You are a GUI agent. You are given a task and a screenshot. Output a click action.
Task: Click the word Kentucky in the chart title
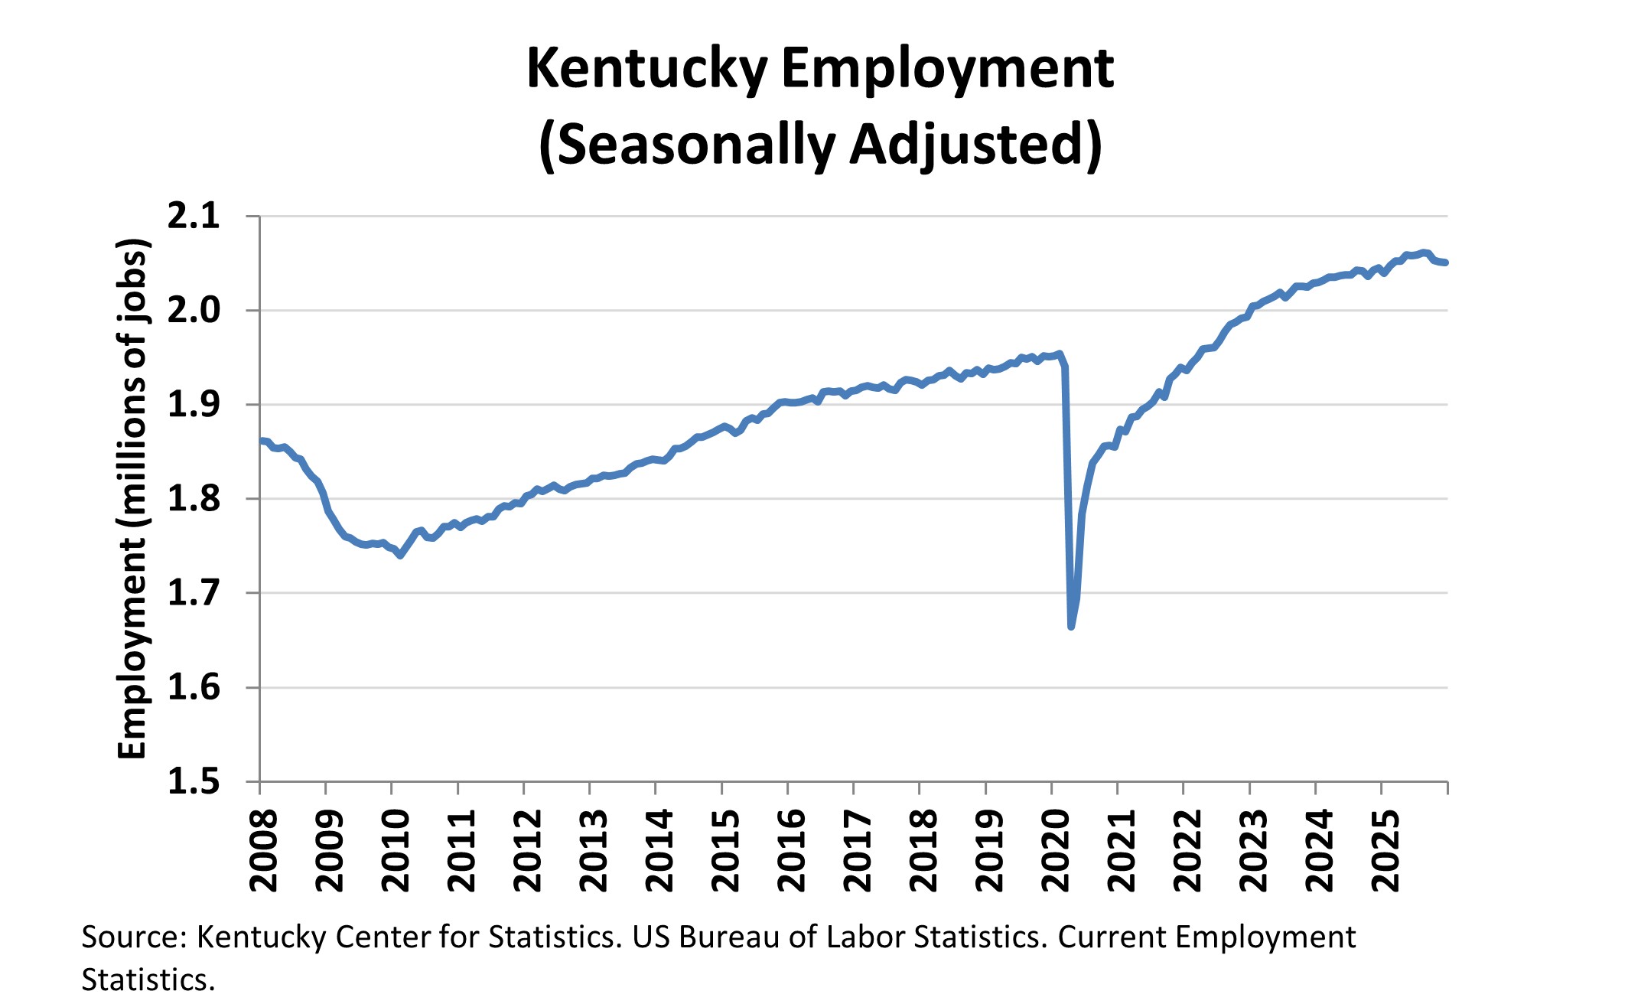click(646, 69)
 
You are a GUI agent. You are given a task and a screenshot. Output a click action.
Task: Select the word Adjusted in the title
click(976, 144)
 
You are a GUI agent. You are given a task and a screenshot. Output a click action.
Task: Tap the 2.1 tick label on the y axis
click(193, 217)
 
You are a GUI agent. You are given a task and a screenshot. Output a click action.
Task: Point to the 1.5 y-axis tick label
click(193, 782)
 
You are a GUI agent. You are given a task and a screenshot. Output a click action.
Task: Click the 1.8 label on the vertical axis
click(193, 499)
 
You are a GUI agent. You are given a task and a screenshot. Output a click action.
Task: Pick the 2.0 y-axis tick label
click(193, 311)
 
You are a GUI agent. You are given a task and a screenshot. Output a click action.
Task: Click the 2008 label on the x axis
click(264, 851)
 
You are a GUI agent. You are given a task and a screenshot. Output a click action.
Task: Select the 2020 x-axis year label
click(1056, 851)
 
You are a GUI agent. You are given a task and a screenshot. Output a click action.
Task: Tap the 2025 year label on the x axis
click(1385, 851)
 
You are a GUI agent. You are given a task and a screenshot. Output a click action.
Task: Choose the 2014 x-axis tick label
click(659, 851)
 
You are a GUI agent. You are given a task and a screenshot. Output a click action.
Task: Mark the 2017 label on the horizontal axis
click(858, 851)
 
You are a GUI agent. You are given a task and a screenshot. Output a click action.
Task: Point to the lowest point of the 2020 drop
click(1071, 627)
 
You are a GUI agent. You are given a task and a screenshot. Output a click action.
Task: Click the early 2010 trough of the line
click(400, 555)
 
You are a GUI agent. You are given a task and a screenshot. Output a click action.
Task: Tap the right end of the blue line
click(1445, 262)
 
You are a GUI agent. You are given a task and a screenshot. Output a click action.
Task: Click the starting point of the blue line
click(261, 440)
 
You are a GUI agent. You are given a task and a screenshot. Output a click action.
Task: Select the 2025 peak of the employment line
click(1424, 252)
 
